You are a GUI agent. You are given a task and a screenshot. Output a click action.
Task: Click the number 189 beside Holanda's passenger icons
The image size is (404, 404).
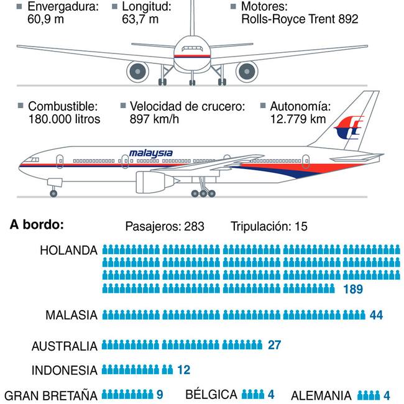(352, 289)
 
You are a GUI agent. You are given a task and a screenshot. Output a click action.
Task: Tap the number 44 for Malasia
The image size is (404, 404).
(376, 315)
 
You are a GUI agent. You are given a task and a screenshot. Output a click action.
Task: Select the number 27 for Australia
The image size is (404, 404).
(275, 345)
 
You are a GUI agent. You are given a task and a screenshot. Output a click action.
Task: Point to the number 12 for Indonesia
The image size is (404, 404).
(183, 370)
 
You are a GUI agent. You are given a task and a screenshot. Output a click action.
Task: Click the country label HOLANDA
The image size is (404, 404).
(68, 250)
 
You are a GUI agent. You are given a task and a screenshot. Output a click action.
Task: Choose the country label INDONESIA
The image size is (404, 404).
(65, 370)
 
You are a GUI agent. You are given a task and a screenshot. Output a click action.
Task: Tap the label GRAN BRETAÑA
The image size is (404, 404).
(51, 395)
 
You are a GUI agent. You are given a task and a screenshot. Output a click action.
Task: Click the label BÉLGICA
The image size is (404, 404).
(211, 395)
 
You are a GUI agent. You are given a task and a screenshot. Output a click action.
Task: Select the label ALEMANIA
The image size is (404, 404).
(321, 395)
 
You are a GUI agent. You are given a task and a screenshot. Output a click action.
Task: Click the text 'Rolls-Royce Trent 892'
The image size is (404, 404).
(300, 19)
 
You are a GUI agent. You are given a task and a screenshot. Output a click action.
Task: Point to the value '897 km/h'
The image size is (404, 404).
(154, 119)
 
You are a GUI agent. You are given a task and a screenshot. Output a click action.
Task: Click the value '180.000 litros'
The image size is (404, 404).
(64, 119)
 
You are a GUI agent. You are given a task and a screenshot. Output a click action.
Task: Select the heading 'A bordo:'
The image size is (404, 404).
(37, 224)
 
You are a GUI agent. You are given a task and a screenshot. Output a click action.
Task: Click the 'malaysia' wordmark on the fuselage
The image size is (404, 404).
(151, 153)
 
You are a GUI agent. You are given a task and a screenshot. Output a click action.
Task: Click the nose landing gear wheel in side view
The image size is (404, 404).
(53, 193)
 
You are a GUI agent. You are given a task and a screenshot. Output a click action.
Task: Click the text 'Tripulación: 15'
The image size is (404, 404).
(269, 227)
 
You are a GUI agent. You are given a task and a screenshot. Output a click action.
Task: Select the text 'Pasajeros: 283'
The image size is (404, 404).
(165, 227)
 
